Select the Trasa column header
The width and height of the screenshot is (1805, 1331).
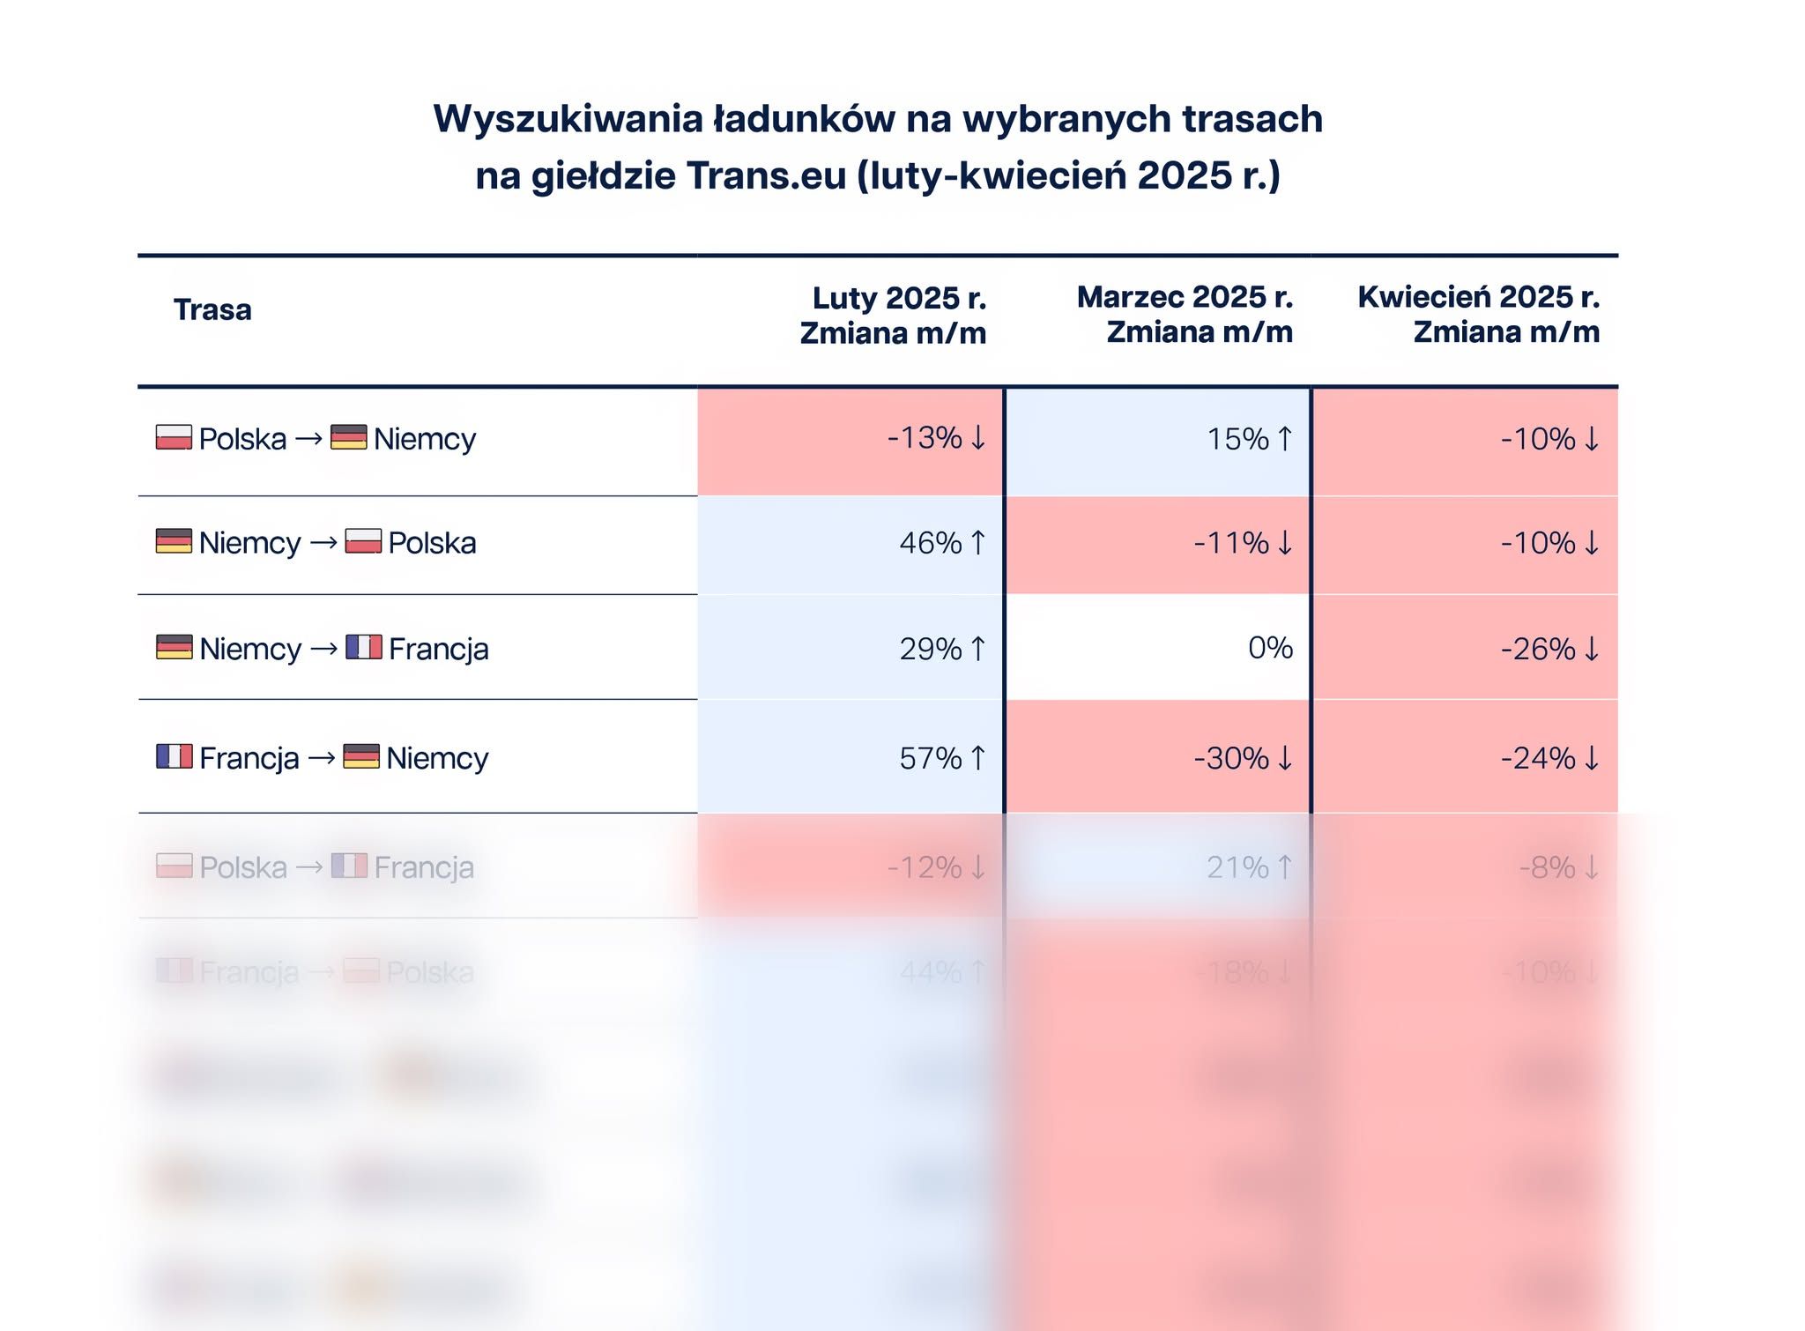[212, 310]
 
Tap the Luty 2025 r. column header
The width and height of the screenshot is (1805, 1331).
[893, 316]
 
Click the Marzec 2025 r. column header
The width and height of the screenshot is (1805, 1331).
[1185, 315]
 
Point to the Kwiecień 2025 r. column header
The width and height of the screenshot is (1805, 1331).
[1478, 315]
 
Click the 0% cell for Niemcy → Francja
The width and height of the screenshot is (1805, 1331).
[1270, 649]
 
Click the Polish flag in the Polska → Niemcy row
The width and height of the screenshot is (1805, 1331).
[174, 437]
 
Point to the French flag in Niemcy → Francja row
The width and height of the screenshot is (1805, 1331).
[363, 648]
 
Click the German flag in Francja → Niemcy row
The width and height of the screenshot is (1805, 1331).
[361, 756]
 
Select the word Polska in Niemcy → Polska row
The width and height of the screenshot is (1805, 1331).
[432, 543]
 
